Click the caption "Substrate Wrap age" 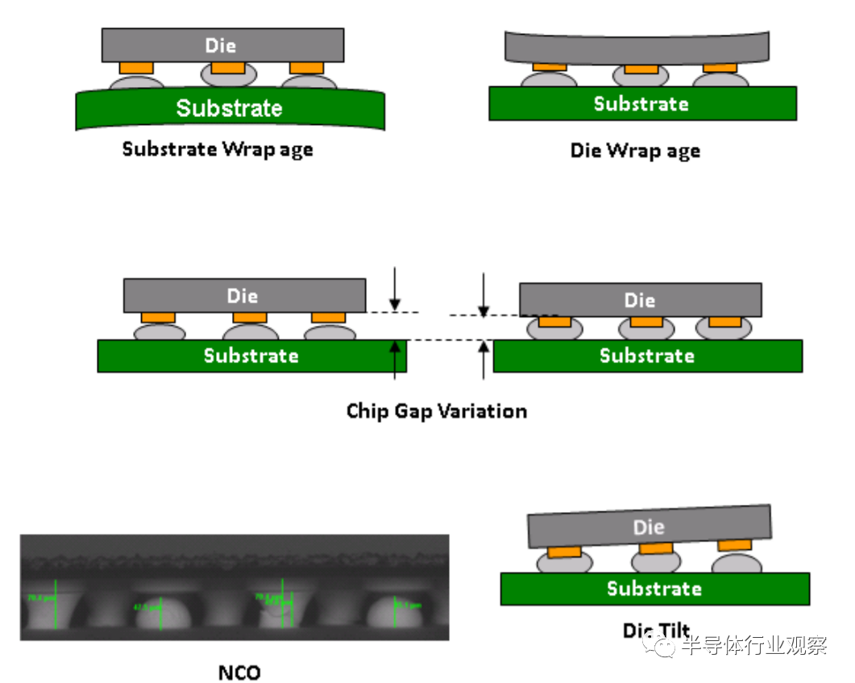(218, 150)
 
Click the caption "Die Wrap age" (635, 151)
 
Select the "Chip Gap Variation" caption (437, 411)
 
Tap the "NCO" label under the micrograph (239, 672)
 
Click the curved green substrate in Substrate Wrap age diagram (230, 109)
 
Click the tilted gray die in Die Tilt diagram (650, 528)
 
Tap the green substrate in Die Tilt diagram (654, 589)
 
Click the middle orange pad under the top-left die (228, 67)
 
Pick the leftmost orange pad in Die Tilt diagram (564, 552)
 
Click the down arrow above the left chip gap (394, 295)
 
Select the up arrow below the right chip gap (484, 359)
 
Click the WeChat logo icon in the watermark (666, 645)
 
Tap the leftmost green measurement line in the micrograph (56, 603)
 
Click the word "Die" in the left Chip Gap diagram (243, 296)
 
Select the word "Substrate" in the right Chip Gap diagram (647, 356)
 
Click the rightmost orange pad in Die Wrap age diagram (719, 68)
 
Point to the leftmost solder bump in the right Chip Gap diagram (554, 328)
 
